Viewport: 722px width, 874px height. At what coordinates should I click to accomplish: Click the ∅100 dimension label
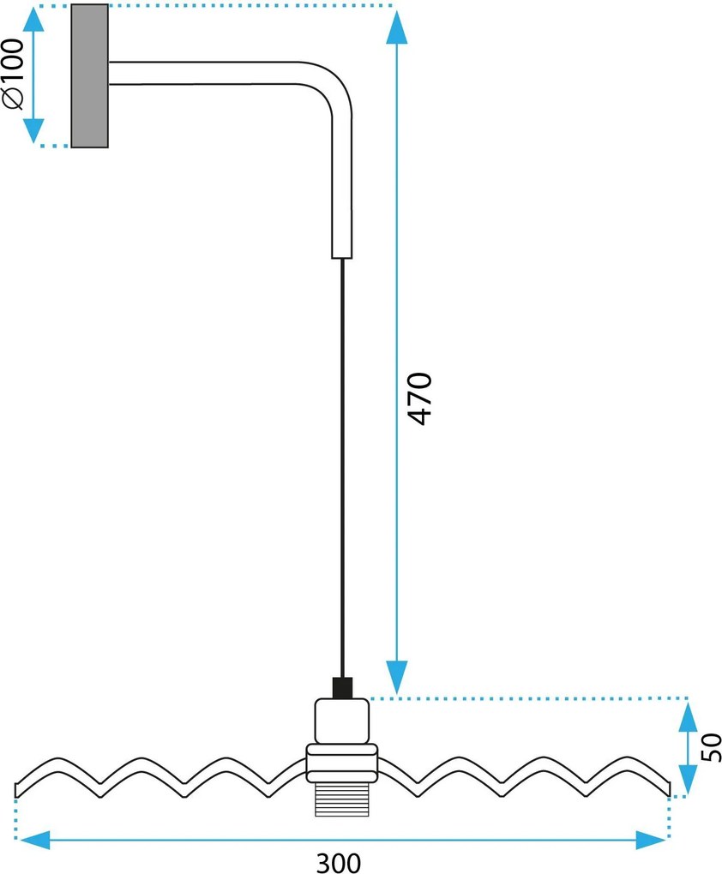[x=14, y=75]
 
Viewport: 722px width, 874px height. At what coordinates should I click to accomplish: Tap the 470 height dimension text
[x=420, y=398]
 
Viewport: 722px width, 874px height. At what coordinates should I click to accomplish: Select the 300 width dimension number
[x=339, y=863]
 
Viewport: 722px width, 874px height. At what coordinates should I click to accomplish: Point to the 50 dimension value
[x=712, y=747]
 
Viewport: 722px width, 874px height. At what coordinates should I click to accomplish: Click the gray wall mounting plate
[x=89, y=75]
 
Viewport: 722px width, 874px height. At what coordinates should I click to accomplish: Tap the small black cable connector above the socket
[x=342, y=688]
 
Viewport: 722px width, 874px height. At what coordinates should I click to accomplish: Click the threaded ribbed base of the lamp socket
[x=342, y=799]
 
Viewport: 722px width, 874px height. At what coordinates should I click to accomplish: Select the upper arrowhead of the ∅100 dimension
[x=33, y=21]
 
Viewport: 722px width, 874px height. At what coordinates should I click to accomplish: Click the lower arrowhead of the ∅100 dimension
[x=33, y=130]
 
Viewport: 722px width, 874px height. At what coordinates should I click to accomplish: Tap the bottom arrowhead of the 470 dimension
[x=397, y=677]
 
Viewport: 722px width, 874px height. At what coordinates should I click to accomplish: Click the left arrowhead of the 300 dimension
[x=33, y=840]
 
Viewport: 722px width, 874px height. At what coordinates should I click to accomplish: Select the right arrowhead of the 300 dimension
[x=651, y=840]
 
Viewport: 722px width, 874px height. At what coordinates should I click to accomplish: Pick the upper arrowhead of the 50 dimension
[x=688, y=715]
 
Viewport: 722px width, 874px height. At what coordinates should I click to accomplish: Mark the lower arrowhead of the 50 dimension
[x=688, y=779]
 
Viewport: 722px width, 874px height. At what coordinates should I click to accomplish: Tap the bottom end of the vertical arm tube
[x=342, y=258]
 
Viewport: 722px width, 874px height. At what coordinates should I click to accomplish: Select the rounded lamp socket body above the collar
[x=342, y=721]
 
